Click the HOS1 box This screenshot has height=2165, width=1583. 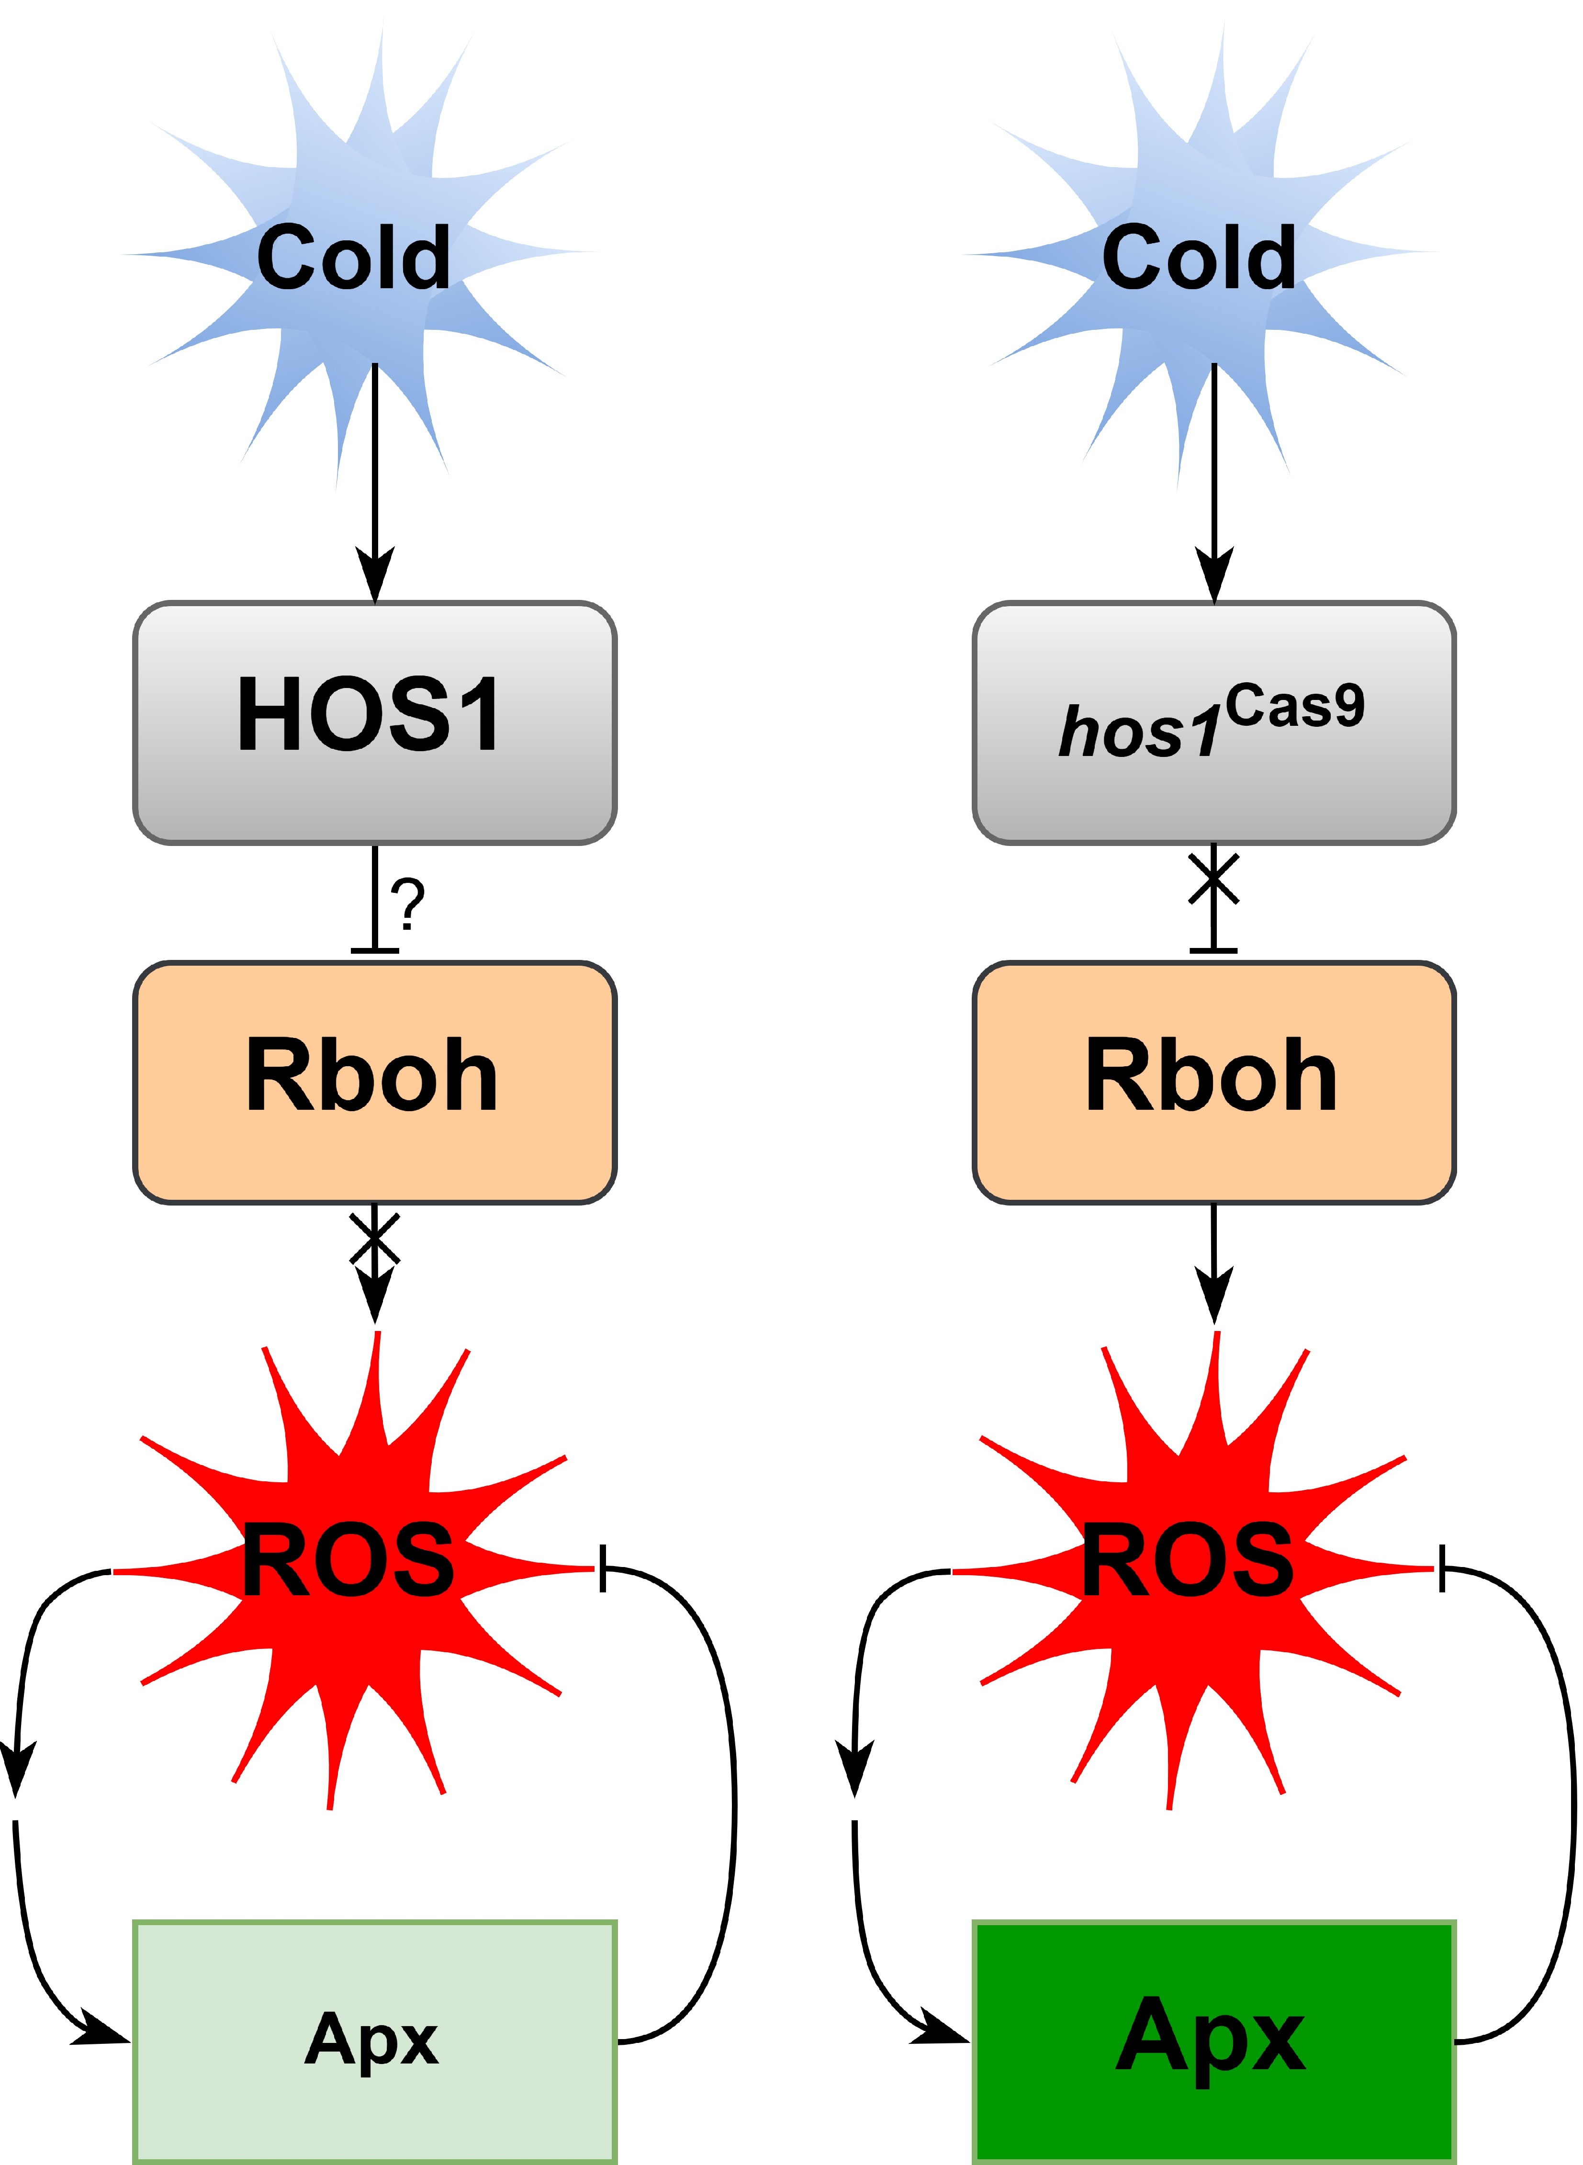click(x=374, y=723)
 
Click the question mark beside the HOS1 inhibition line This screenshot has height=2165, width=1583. click(x=407, y=903)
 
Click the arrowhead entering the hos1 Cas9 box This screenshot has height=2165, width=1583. click(x=1214, y=575)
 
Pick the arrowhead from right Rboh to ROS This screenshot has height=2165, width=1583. click(x=1214, y=1294)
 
